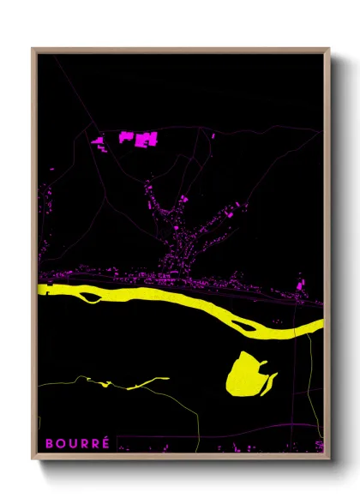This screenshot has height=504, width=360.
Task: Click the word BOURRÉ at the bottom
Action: (77, 443)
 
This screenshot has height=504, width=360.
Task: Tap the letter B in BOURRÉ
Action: (48, 443)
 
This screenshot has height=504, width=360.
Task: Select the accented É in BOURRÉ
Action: (105, 443)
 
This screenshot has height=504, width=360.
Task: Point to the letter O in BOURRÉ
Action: (60, 443)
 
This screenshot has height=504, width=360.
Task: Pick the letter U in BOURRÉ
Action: (71, 443)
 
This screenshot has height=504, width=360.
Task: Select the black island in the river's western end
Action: (90, 297)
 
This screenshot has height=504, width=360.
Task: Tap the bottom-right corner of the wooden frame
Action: (328, 458)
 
